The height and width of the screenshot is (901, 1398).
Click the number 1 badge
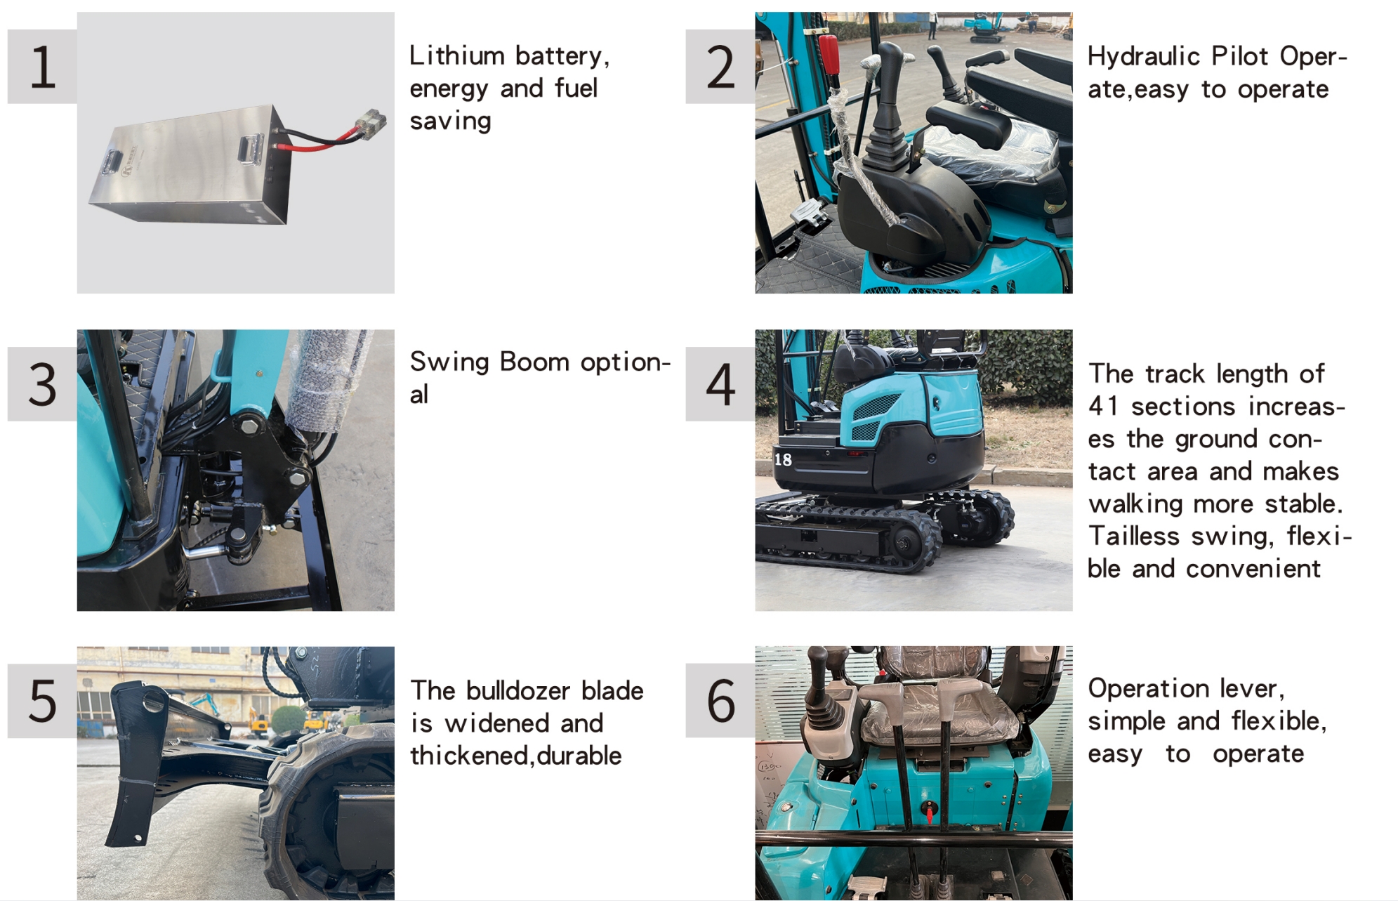[42, 67]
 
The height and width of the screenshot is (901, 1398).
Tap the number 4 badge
[720, 384]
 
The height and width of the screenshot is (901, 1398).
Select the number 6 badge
[720, 700]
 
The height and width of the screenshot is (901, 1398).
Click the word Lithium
[457, 55]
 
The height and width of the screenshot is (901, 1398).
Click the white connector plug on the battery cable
[369, 124]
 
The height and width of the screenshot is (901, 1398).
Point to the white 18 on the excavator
[783, 459]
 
